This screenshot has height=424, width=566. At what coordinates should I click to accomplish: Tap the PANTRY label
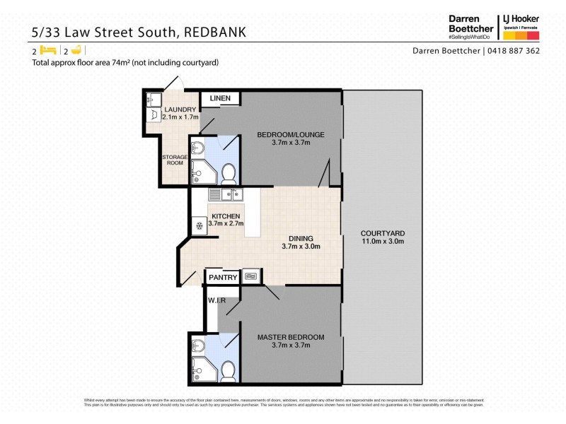[223, 277]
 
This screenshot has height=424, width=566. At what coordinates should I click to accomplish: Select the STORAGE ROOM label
[173, 160]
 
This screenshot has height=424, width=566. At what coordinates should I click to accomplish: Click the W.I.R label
[216, 301]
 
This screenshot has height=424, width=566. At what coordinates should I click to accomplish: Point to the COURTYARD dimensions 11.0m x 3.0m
[382, 241]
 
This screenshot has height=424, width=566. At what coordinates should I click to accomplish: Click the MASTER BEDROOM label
[291, 337]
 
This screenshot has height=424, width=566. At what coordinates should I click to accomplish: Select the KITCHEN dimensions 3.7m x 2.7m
[226, 224]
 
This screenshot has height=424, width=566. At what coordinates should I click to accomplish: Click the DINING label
[301, 238]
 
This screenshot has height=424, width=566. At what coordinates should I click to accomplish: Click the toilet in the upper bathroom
[229, 172]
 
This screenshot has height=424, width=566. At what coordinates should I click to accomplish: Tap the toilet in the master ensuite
[229, 370]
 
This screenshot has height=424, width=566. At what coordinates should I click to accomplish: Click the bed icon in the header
[48, 51]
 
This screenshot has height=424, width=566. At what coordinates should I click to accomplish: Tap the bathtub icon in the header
[76, 51]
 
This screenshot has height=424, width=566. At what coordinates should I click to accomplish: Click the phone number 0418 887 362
[512, 51]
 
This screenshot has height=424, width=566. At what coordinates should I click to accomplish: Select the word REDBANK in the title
[221, 32]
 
